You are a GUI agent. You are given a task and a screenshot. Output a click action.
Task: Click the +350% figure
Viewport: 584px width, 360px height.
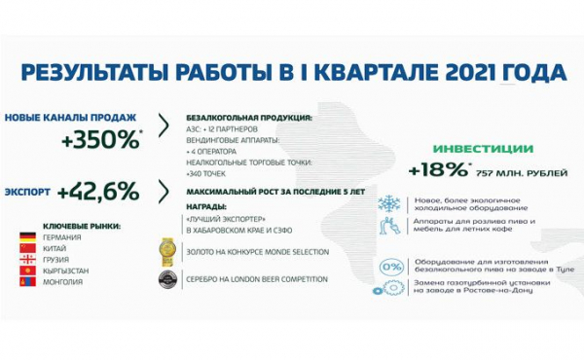101,138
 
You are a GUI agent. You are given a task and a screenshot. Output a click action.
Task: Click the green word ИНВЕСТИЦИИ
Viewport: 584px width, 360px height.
484,149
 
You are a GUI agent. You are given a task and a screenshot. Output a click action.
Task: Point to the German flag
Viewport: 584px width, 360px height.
29,237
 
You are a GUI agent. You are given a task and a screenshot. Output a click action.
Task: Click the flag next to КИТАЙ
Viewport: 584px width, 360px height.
29,249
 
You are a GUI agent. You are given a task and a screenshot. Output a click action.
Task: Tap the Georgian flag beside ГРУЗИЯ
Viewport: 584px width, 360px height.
29,260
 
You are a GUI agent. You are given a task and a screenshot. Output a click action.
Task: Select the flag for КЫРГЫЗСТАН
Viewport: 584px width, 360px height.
29,271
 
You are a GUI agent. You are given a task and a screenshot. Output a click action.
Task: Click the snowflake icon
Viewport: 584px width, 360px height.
388,203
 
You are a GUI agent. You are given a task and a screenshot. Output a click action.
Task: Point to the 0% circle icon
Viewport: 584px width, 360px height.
390,266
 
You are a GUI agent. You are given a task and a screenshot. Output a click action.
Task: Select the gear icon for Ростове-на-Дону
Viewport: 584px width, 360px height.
388,288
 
